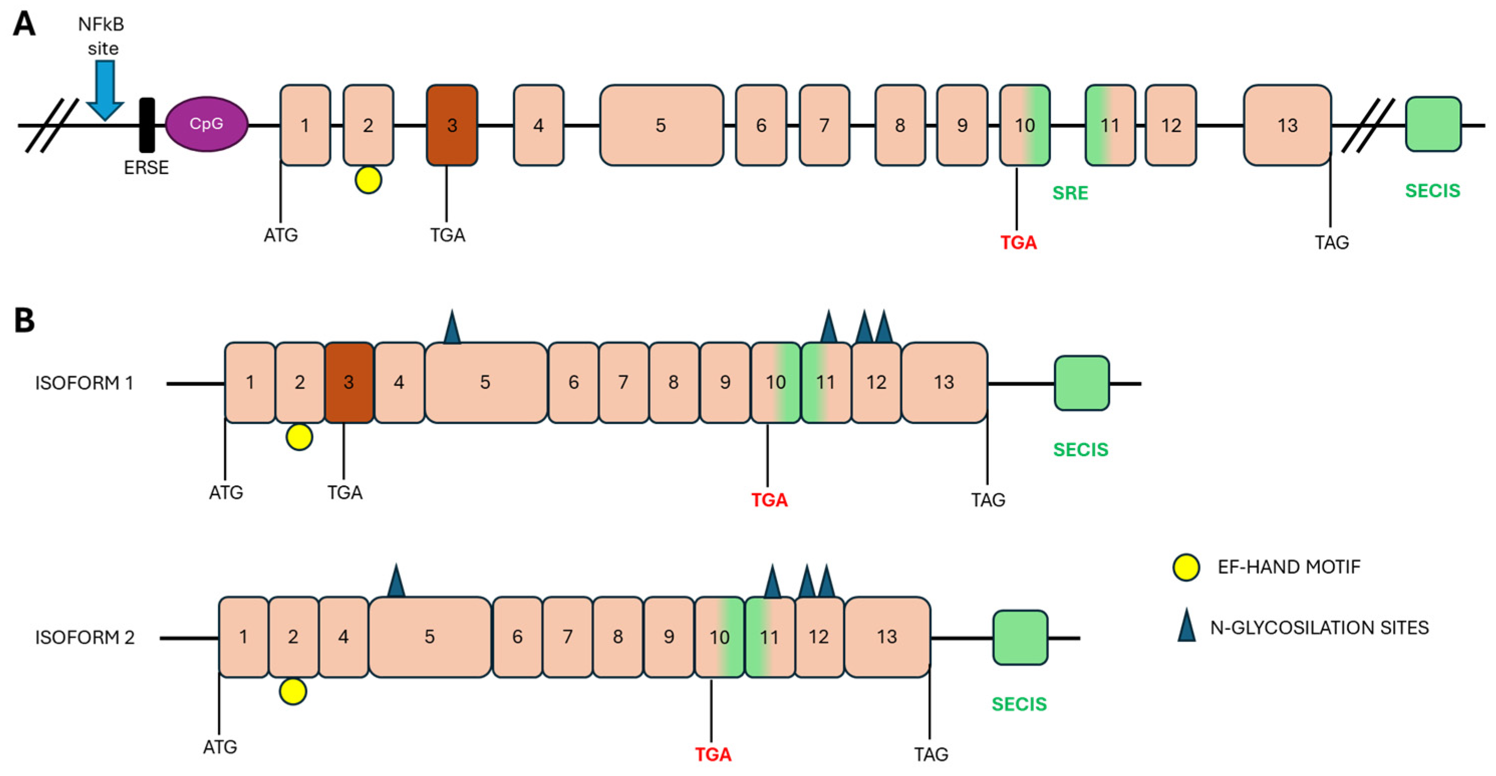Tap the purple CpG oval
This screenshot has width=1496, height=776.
[206, 124]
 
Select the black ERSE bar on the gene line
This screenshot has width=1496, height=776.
[147, 125]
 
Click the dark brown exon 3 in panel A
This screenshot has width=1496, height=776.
[452, 125]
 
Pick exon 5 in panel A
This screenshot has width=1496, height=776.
[661, 125]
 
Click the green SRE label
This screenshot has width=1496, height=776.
[1070, 192]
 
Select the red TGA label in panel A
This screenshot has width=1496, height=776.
[1018, 242]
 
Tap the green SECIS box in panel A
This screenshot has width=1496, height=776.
[1433, 124]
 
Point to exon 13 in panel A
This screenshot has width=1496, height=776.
[1287, 125]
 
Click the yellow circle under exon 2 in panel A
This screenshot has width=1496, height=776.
[368, 180]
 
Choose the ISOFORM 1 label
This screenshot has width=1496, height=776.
[84, 383]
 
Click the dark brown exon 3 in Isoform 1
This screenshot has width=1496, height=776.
[349, 382]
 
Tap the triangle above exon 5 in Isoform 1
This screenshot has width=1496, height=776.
[452, 328]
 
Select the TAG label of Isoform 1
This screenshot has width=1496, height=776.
[988, 499]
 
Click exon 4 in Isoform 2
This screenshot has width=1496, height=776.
[343, 637]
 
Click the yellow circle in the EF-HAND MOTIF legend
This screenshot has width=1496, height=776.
[1186, 567]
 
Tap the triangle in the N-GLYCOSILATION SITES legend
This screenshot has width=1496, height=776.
[1186, 626]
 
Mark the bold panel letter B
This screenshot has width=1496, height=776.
[25, 320]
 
